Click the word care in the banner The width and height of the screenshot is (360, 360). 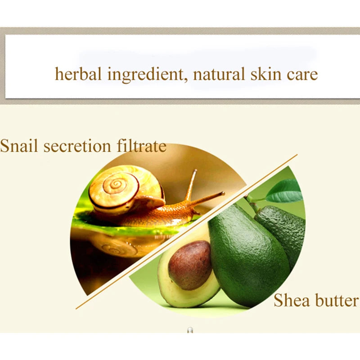(x=302, y=74)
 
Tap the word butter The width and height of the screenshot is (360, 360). (x=334, y=300)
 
